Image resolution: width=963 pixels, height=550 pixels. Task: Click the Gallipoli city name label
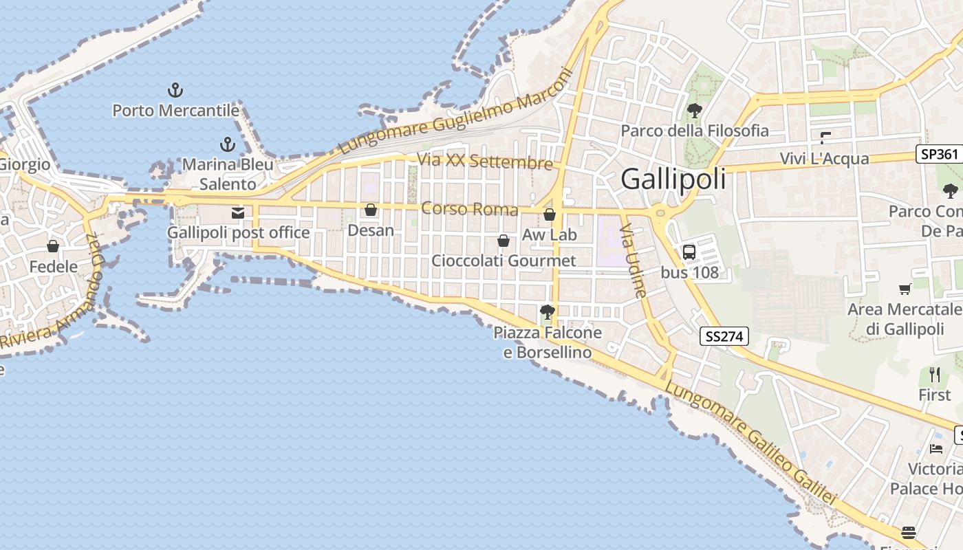pos(673,179)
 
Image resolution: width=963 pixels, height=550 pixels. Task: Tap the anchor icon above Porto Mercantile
pos(175,90)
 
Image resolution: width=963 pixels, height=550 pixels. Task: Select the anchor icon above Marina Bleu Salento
pos(227,144)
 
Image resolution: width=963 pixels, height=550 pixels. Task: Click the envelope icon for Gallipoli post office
pos(238,213)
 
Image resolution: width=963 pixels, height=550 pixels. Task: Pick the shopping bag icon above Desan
pos(371,210)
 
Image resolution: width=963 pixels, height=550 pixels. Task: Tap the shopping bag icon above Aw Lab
pos(549,215)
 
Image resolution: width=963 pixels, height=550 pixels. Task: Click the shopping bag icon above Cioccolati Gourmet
pos(504,241)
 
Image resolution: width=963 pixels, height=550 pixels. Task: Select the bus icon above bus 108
pos(689,252)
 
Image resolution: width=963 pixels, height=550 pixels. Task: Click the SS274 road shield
pos(724,336)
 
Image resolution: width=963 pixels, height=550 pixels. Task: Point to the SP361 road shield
pos(939,154)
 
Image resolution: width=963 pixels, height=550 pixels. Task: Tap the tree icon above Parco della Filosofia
pos(694,110)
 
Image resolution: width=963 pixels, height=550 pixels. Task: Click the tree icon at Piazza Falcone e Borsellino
pos(548,313)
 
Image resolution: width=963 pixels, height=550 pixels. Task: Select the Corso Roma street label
pos(469,208)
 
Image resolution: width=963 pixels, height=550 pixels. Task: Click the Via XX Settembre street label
pos(485,162)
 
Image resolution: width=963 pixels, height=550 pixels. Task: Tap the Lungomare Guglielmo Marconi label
pos(457,111)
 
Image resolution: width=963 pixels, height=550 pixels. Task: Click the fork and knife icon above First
pos(934,375)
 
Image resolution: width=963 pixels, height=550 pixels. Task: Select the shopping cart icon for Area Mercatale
pos(905,289)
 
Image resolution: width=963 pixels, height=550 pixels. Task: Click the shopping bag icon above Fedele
pos(53,246)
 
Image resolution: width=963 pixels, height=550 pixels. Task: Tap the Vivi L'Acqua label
pos(824,159)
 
